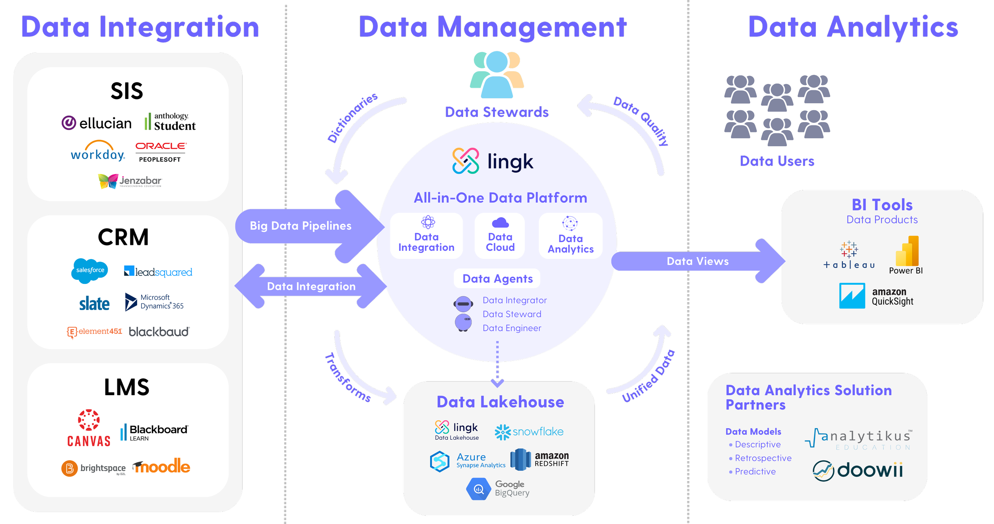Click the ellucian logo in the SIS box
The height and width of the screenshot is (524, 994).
point(97,123)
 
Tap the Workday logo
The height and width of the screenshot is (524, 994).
point(98,151)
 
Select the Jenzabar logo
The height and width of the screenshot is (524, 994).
point(130,181)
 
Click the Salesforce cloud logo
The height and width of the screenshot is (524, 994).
point(90,270)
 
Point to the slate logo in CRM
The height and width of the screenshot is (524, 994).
point(94,304)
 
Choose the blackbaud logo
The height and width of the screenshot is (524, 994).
point(159,332)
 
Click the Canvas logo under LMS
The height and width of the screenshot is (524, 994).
point(89,429)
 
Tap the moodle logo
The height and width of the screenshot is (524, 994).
point(161,467)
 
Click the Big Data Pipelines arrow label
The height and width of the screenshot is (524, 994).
point(300,226)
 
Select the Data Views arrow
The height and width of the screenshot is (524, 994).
point(697,261)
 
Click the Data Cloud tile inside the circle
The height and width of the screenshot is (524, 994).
point(500,236)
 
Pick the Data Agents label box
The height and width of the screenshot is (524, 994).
point(497,279)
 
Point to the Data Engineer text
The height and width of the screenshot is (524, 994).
point(512,328)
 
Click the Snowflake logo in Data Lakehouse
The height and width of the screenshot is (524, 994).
point(529,432)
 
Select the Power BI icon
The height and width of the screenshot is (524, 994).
point(906,251)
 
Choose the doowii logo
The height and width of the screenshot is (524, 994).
point(858,470)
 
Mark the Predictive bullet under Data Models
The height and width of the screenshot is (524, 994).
point(755,472)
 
